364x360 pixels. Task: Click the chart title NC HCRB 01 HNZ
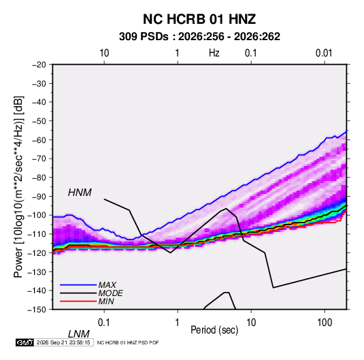pyautogui.click(x=199, y=19)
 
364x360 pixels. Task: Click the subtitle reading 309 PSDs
pyautogui.click(x=144, y=37)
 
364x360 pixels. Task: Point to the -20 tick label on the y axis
pyautogui.click(x=39, y=65)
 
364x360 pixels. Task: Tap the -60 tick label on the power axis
pyautogui.click(x=39, y=140)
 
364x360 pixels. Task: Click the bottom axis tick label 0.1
pyautogui.click(x=103, y=323)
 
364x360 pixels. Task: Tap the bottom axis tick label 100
pyautogui.click(x=325, y=323)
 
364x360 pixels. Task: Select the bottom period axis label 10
pyautogui.click(x=251, y=323)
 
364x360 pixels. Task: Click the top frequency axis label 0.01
pyautogui.click(x=324, y=53)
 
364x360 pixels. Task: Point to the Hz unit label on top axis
pyautogui.click(x=214, y=53)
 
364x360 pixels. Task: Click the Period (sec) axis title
pyautogui.click(x=214, y=330)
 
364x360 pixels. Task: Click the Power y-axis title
pyautogui.click(x=18, y=187)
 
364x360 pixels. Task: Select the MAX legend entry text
pyautogui.click(x=107, y=285)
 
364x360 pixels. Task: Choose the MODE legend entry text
pyautogui.click(x=110, y=293)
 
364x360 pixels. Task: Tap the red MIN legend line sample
pyautogui.click(x=78, y=301)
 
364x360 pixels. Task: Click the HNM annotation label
pyautogui.click(x=80, y=193)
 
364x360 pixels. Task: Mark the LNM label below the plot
pyautogui.click(x=78, y=334)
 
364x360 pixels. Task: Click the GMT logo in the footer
pyautogui.click(x=24, y=342)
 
